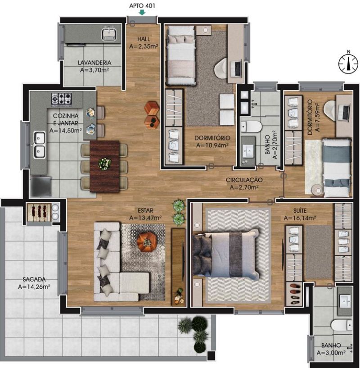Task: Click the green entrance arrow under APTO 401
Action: [142, 12]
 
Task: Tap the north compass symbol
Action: [348, 64]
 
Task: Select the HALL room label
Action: [144, 39]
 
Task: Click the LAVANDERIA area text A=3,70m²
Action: [94, 70]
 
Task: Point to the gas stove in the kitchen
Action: [62, 99]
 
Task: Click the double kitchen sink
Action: [40, 145]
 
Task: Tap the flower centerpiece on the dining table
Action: [104, 164]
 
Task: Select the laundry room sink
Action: [109, 34]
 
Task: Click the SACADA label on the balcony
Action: [34, 279]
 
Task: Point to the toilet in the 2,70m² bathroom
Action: [251, 127]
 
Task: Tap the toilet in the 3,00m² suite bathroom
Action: [342, 325]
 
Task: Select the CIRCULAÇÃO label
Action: [244, 180]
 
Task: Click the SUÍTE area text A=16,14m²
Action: [300, 218]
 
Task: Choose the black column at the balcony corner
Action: [211, 356]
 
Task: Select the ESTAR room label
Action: [145, 210]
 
